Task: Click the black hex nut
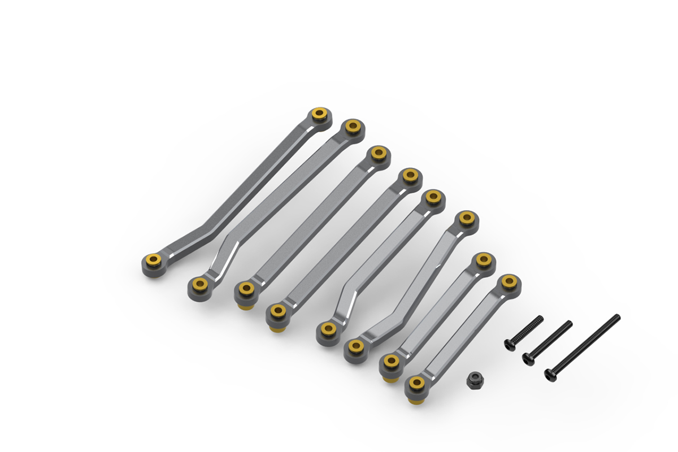click(474, 380)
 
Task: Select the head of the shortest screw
click(510, 344)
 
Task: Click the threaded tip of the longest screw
click(618, 317)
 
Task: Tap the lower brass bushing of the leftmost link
click(153, 261)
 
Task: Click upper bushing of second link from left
click(353, 127)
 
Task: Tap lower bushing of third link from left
click(245, 289)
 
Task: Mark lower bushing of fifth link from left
click(327, 329)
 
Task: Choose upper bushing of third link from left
click(378, 153)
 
